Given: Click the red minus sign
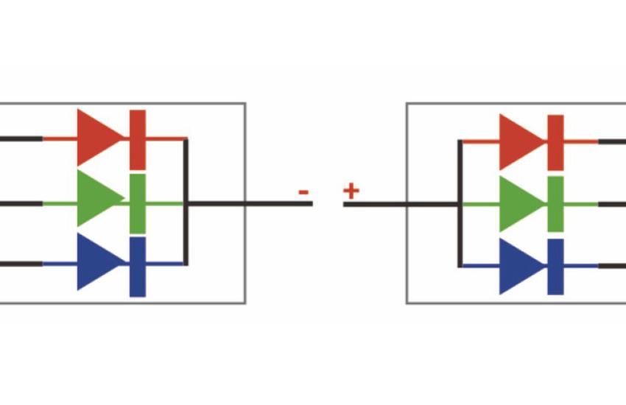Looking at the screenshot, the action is click(x=303, y=193).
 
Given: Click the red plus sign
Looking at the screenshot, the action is click(x=351, y=191).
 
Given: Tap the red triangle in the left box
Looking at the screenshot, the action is click(x=97, y=138).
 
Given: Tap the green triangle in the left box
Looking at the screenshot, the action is click(x=97, y=198).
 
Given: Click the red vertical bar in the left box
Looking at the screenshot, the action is click(x=138, y=140).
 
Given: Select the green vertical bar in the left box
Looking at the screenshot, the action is click(x=138, y=203).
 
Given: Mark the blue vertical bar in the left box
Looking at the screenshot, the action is click(x=138, y=267).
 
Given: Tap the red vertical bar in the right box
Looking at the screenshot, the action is click(x=556, y=143).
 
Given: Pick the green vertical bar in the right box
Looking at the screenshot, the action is click(x=556, y=204).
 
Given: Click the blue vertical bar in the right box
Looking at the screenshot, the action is click(x=556, y=267).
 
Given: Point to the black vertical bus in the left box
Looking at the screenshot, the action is click(x=186, y=202).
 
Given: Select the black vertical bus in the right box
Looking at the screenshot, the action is click(x=460, y=203).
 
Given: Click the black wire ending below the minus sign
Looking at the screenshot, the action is click(x=250, y=204).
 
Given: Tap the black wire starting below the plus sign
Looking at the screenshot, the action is click(x=401, y=205).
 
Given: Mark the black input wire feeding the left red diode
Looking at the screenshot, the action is click(x=21, y=139).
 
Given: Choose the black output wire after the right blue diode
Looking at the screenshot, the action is click(x=612, y=266).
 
